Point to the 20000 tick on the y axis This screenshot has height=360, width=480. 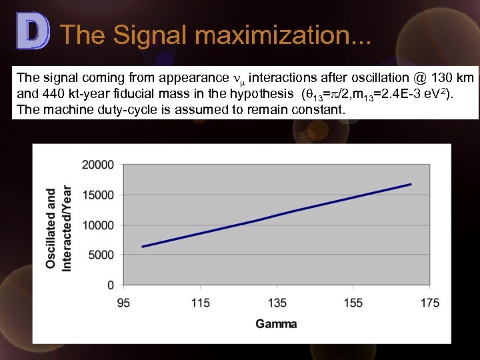[98, 165]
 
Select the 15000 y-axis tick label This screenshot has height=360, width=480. [98, 195]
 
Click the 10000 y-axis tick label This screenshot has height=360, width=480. [98, 225]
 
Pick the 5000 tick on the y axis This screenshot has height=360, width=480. [101, 255]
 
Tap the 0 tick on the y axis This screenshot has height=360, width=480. [111, 285]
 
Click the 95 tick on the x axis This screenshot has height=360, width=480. [124, 303]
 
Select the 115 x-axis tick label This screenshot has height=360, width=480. [201, 303]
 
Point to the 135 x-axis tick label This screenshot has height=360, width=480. [277, 303]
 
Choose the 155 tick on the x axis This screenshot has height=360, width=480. [353, 303]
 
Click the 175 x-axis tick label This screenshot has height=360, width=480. [430, 303]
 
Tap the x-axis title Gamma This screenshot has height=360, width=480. [276, 324]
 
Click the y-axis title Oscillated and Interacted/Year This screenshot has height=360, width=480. [59, 227]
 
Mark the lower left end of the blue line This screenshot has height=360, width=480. [143, 247]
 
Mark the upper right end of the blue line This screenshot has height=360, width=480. [411, 184]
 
